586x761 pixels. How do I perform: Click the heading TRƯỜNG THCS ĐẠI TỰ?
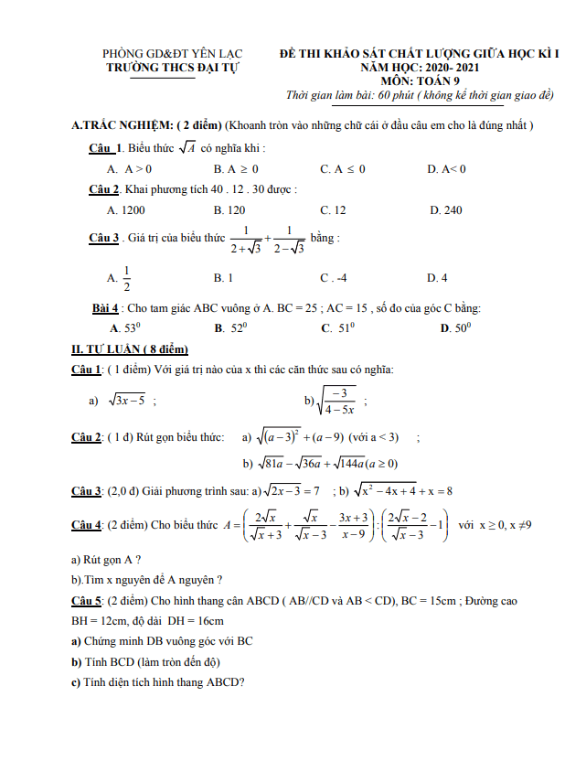[163, 68]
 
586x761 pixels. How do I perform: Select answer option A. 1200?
[125, 209]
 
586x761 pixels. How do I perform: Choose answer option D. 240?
[445, 209]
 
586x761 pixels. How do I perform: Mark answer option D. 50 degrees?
[455, 327]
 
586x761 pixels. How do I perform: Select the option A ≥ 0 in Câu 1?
[236, 169]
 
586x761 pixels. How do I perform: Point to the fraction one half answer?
[126, 276]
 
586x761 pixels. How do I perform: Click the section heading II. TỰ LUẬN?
[129, 348]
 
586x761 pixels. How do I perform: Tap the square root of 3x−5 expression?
[127, 400]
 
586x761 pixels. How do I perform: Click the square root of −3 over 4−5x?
[333, 399]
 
